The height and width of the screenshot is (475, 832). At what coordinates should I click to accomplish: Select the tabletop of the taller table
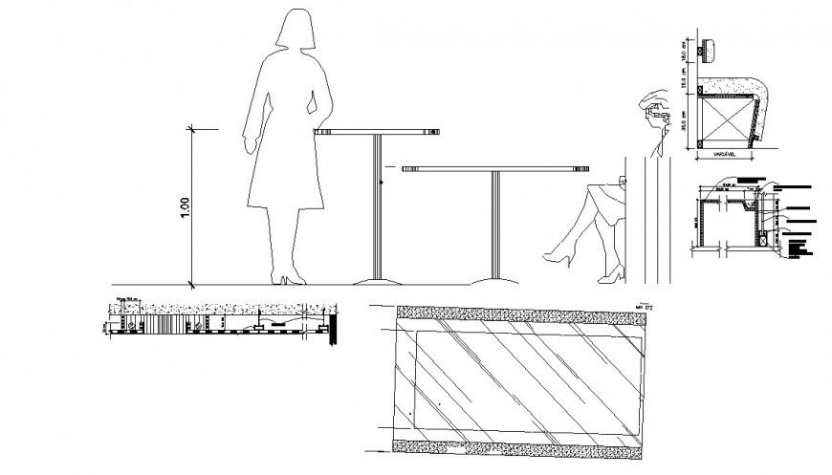[377, 132]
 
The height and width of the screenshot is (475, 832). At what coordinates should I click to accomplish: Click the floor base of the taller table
[376, 280]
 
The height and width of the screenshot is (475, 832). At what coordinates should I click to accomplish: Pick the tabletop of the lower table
[494, 168]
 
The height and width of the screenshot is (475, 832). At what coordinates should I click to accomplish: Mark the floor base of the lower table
[494, 280]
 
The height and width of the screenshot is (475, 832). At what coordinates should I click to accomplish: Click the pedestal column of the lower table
[494, 225]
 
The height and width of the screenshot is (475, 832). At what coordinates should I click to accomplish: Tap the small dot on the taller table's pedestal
[383, 181]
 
